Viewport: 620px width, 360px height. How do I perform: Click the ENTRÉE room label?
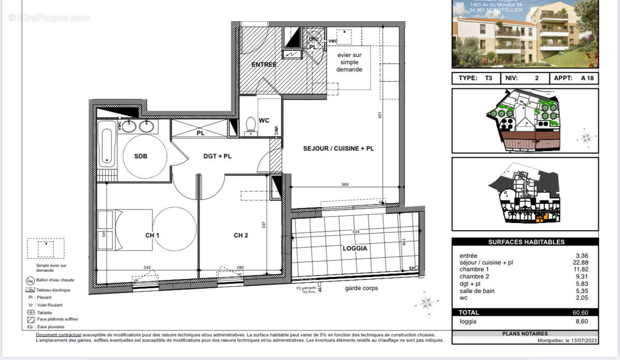point(264,65)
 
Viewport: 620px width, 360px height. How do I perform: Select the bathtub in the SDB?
point(106,147)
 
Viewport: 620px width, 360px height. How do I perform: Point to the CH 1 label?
point(152,236)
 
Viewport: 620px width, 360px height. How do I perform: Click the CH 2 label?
point(241,236)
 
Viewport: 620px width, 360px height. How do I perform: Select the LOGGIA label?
point(355,248)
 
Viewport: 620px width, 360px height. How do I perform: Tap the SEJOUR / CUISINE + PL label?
point(338,149)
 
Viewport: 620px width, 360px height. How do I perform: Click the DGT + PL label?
point(217,156)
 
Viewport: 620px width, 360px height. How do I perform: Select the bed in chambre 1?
point(125,229)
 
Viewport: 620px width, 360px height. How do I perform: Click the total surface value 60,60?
point(580,312)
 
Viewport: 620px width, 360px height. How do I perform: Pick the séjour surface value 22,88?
point(581,262)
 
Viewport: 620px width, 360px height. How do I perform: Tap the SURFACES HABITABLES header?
point(526,242)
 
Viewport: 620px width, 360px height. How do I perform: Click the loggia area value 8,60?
point(581,321)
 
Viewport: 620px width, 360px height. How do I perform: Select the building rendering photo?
point(525,34)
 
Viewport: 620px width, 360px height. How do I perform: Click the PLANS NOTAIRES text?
point(525,334)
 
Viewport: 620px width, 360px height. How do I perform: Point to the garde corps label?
point(361,288)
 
